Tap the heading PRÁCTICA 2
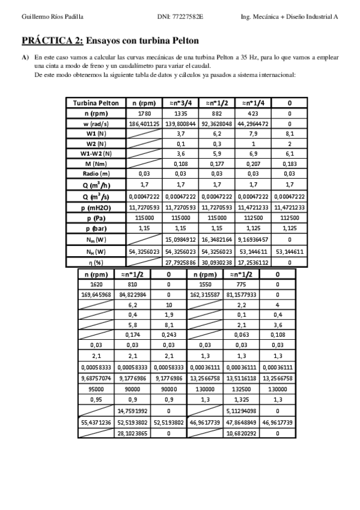pyautogui.click(x=53, y=41)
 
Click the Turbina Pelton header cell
pyautogui.click(x=96, y=103)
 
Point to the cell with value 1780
pyautogui.click(x=144, y=113)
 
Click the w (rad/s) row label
pyautogui.click(x=96, y=123)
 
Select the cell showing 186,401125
pyautogui.click(x=144, y=123)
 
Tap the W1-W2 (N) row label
pyautogui.click(x=96, y=154)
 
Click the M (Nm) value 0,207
pyautogui.click(x=253, y=164)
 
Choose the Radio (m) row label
pyautogui.click(x=96, y=174)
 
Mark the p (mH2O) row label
pyautogui.click(x=96, y=207)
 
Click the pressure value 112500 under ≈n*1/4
pyautogui.click(x=253, y=218)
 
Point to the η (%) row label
pyautogui.click(x=96, y=263)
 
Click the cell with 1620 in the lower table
pyautogui.click(x=96, y=284)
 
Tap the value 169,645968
pyautogui.click(x=96, y=295)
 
